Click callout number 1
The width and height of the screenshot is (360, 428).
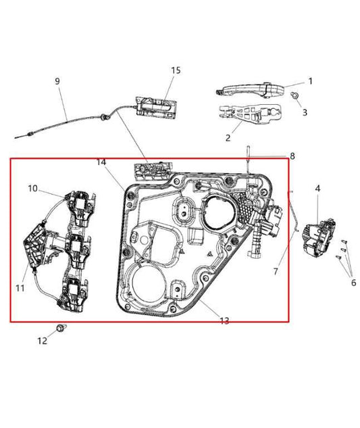pyautogui.click(x=310, y=81)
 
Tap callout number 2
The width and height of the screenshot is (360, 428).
pyautogui.click(x=228, y=138)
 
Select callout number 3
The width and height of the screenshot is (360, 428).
pyautogui.click(x=305, y=112)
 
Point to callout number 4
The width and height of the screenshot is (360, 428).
pyautogui.click(x=317, y=188)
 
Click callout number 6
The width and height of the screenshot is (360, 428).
pyautogui.click(x=353, y=283)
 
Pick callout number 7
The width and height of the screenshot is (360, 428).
pyautogui.click(x=276, y=271)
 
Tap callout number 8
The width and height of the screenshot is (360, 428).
pyautogui.click(x=292, y=156)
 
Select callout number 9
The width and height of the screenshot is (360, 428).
pyautogui.click(x=57, y=81)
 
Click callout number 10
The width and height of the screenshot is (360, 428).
pyautogui.click(x=32, y=189)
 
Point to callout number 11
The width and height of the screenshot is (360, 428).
pyautogui.click(x=20, y=288)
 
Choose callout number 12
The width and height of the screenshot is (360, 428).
pyautogui.click(x=42, y=341)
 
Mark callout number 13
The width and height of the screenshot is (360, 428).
pyautogui.click(x=224, y=320)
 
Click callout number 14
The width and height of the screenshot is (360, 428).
pyautogui.click(x=101, y=162)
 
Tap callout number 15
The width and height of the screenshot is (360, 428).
pyautogui.click(x=176, y=70)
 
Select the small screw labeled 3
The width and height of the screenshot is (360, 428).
pyautogui.click(x=294, y=97)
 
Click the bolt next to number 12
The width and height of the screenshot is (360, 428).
pyautogui.click(x=61, y=328)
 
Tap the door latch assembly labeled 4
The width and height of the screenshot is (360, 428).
pyautogui.click(x=317, y=237)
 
